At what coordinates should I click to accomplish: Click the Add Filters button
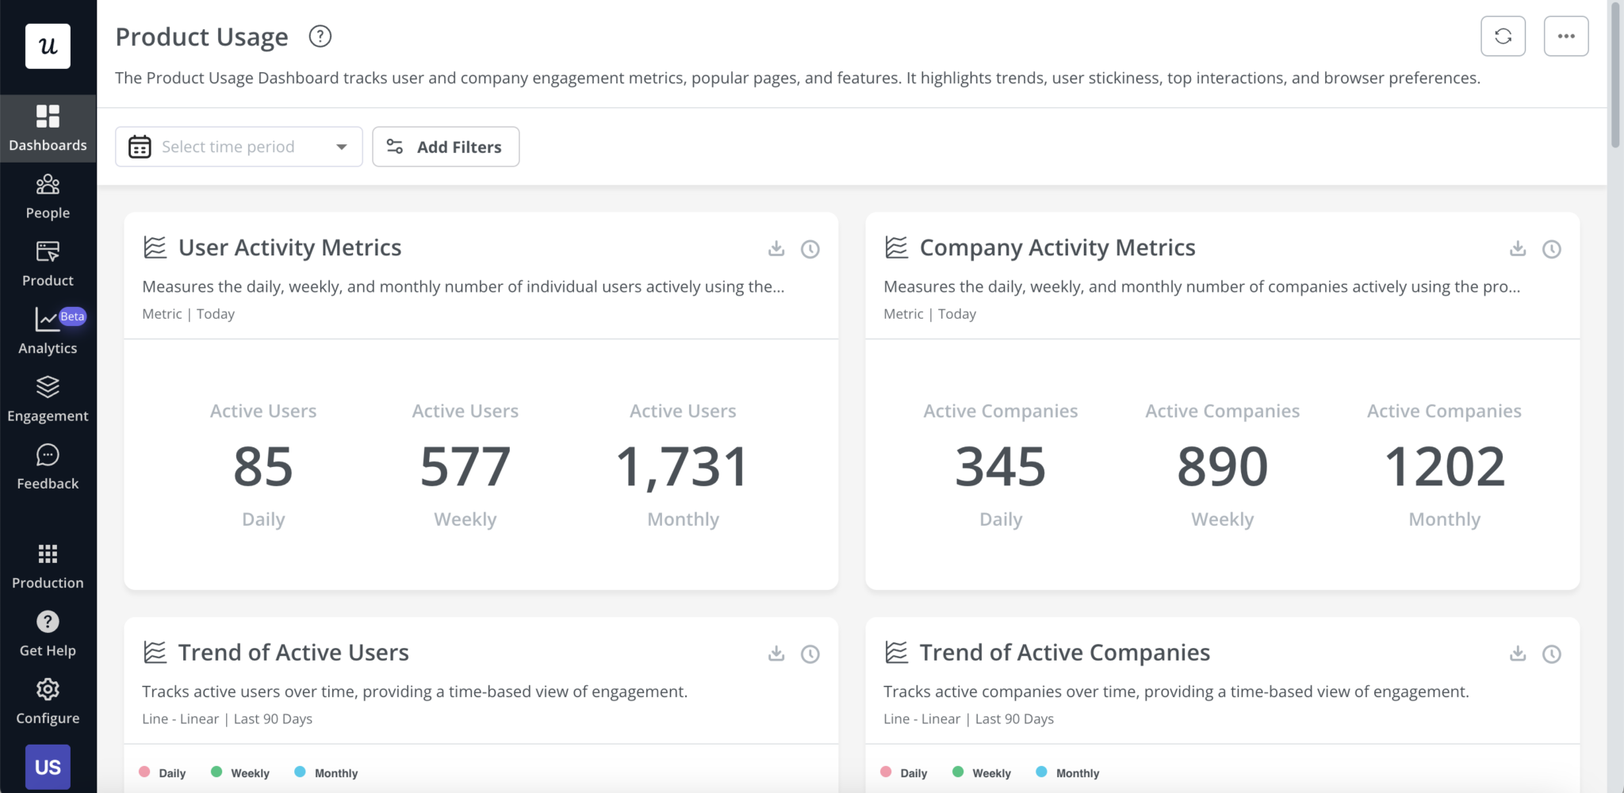tap(446, 147)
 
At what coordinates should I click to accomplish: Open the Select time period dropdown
tap(239, 147)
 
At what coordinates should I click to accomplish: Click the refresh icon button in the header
tap(1503, 36)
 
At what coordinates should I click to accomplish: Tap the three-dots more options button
tap(1565, 36)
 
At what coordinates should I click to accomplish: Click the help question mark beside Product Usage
tap(320, 36)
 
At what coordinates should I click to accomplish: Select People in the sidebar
tap(48, 197)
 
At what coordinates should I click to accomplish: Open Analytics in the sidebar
tap(48, 331)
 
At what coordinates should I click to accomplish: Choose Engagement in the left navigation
tap(48, 399)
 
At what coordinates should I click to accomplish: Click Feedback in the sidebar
tap(48, 467)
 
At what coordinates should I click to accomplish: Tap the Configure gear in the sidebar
tap(48, 701)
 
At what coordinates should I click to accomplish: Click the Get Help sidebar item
tap(48, 634)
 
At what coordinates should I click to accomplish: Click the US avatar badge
tap(48, 767)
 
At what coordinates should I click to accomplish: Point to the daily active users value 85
tap(263, 466)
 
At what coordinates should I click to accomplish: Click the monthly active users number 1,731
tap(682, 466)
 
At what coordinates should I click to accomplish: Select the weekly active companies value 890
tap(1222, 466)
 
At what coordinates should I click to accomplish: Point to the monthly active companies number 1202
tap(1444, 466)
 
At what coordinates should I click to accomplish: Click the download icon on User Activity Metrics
tap(776, 249)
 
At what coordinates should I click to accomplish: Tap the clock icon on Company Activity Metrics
tap(1552, 249)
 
